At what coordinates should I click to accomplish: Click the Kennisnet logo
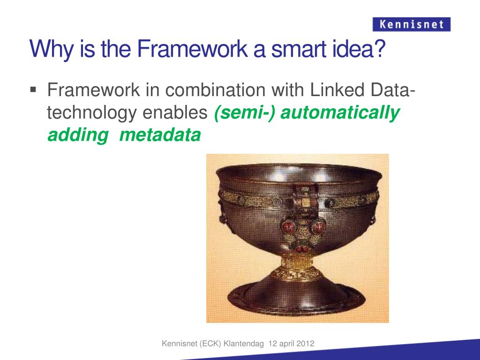412,24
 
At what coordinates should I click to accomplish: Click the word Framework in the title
192,49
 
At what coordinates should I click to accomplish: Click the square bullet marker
33,90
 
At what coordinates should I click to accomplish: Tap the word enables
175,112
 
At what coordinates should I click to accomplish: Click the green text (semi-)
245,112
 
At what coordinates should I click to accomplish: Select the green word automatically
340,113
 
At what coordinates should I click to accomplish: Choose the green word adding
78,135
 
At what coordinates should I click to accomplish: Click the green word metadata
160,135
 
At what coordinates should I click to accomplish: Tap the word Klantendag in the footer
244,344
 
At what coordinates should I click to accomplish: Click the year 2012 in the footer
307,344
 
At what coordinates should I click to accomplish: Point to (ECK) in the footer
210,344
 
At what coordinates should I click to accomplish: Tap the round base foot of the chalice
296,296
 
